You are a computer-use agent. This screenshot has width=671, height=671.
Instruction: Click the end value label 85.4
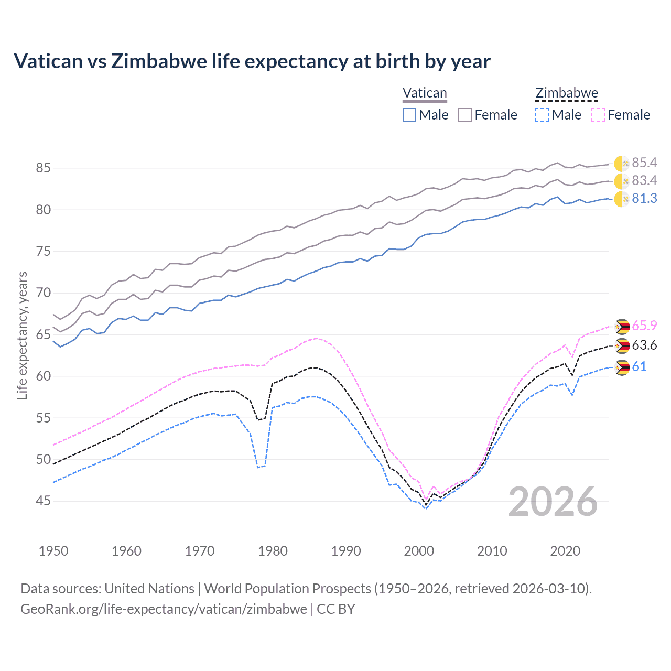644,163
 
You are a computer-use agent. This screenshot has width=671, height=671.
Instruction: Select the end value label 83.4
644,181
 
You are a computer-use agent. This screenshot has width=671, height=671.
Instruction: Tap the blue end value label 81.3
644,199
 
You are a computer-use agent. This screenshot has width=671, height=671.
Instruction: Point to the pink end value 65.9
644,326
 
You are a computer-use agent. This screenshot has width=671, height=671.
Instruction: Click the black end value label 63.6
644,345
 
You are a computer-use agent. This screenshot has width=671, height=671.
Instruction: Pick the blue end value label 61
639,367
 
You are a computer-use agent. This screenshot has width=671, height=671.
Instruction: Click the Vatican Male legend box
409,115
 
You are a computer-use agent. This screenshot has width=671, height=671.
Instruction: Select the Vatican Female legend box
465,115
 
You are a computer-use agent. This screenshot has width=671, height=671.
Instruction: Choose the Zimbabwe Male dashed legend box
542,115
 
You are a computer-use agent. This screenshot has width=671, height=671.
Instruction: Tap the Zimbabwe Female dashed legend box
598,115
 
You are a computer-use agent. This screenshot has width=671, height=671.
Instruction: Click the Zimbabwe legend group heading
567,93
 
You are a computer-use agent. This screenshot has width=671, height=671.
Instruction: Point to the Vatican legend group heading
425,93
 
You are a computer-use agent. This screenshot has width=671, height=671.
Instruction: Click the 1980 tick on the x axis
273,551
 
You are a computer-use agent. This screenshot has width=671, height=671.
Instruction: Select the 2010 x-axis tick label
492,551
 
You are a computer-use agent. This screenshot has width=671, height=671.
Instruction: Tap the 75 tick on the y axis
44,252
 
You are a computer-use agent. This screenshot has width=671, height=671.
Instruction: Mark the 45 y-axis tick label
44,501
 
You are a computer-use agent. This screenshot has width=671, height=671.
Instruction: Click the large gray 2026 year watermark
553,502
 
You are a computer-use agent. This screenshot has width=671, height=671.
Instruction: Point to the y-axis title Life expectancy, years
23,335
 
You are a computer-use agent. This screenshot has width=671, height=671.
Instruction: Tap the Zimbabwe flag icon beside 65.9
622,327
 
